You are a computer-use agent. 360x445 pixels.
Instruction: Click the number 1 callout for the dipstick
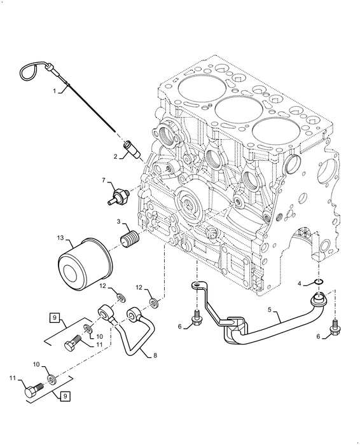[x=55, y=91]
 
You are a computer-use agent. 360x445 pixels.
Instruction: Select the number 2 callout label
[x=116, y=156]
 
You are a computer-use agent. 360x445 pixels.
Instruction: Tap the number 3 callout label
[x=118, y=221]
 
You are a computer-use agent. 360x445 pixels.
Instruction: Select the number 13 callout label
[x=60, y=239]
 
